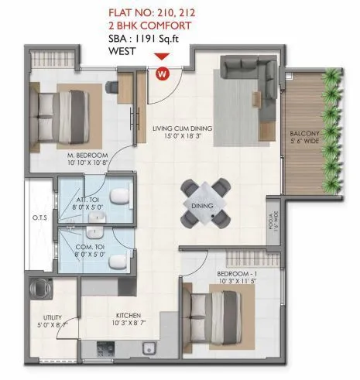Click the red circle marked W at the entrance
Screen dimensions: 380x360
point(162,74)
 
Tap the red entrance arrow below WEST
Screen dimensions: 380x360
point(161,56)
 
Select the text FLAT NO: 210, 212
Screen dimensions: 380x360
point(161,12)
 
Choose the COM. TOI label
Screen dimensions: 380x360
point(87,249)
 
